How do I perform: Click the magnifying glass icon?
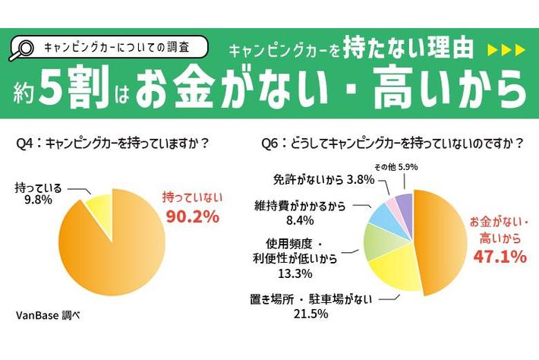(23, 48)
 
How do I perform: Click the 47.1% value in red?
(498, 257)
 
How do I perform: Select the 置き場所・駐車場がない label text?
(311, 298)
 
